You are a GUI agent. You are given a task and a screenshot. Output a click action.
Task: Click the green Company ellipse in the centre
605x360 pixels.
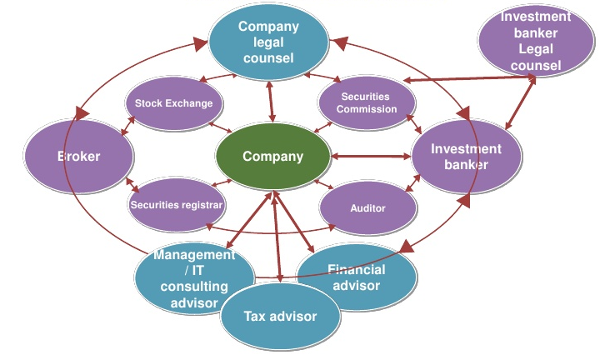tap(272, 157)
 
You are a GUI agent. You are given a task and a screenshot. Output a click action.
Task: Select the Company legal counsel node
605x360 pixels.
tap(267, 42)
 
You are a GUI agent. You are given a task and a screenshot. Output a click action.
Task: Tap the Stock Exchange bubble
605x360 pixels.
tap(174, 103)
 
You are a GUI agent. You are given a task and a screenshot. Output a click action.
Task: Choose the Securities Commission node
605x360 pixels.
tap(367, 103)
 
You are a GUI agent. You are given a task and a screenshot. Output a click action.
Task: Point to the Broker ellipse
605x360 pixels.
tap(79, 156)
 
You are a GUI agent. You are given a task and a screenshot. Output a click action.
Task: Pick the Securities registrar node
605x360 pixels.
tap(177, 203)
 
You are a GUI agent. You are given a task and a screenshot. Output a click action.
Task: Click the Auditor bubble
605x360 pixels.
tap(367, 207)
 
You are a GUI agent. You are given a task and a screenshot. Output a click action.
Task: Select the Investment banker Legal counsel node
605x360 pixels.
tap(536, 41)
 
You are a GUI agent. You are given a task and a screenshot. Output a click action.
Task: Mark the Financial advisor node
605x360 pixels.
tap(357, 277)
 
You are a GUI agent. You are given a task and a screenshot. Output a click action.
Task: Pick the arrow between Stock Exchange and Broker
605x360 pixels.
tap(127, 125)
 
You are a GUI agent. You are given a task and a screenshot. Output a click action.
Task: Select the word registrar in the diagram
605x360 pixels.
tap(201, 203)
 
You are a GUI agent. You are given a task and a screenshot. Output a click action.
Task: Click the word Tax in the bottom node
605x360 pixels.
tap(254, 317)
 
